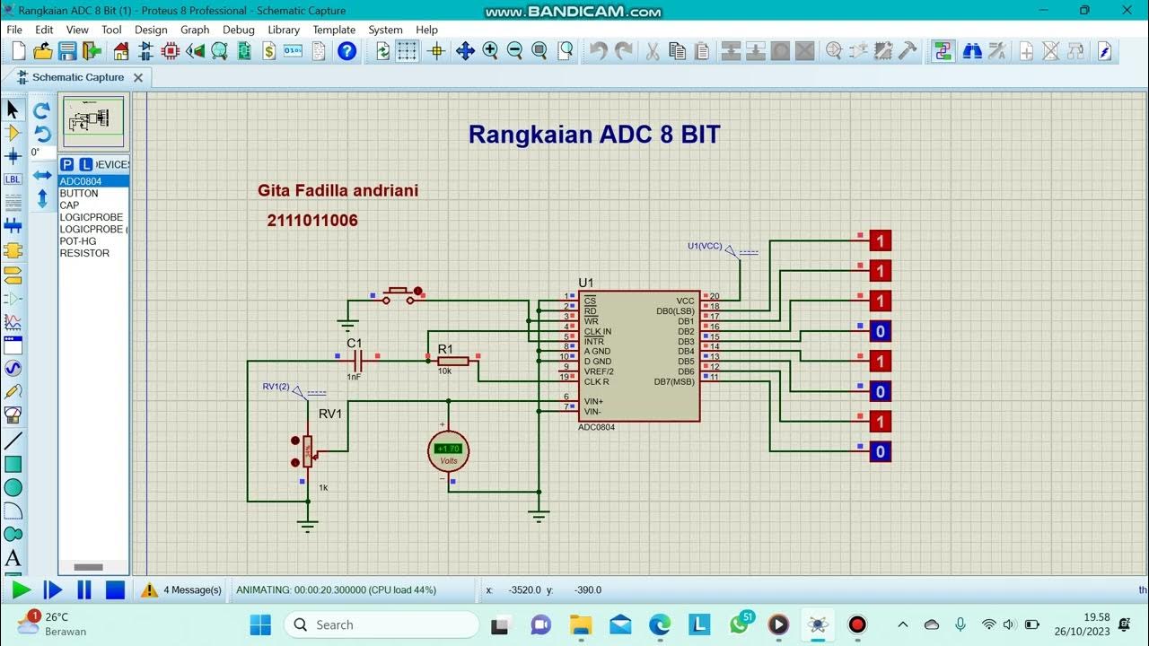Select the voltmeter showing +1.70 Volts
(x=448, y=450)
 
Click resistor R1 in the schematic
(x=452, y=361)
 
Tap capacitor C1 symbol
(x=357, y=361)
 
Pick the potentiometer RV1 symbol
(x=308, y=451)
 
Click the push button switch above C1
(x=399, y=293)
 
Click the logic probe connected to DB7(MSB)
(x=880, y=451)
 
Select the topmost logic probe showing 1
(x=880, y=240)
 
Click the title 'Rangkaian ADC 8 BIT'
(x=594, y=135)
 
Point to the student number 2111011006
(x=312, y=221)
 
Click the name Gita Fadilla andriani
(x=338, y=190)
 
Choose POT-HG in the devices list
(x=78, y=241)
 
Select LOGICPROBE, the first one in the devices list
(x=91, y=217)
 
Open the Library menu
(x=284, y=30)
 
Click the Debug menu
(x=239, y=30)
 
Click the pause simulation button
(x=84, y=589)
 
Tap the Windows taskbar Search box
(x=382, y=624)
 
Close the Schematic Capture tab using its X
(x=138, y=78)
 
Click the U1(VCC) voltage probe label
(x=705, y=246)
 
